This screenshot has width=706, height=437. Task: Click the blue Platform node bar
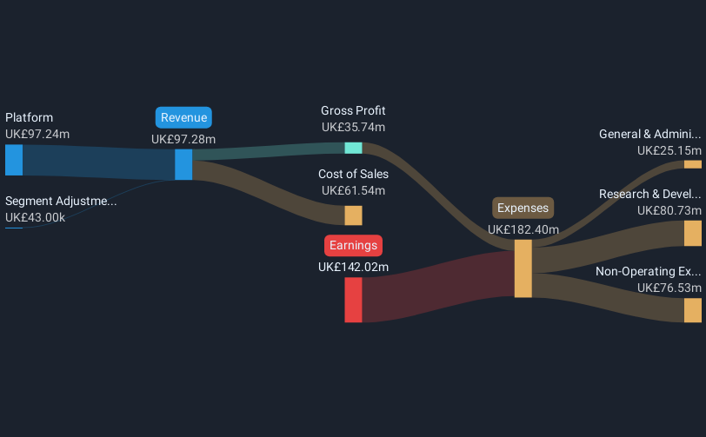(14, 160)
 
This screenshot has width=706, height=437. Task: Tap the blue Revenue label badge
(183, 118)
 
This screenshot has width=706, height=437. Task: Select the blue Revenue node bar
(183, 164)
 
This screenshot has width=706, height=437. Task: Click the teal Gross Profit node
(353, 148)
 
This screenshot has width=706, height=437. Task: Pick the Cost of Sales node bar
(353, 215)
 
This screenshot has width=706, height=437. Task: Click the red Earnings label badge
(353, 245)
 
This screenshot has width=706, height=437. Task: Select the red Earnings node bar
(353, 300)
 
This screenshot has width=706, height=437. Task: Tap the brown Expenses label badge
(523, 209)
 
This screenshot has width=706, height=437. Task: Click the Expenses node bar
(523, 268)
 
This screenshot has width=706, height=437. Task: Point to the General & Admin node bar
(692, 164)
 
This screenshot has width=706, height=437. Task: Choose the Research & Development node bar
(692, 233)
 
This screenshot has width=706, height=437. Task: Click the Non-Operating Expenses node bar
(692, 310)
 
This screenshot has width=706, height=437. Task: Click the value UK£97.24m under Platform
(37, 135)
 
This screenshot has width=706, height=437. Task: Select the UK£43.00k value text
(35, 217)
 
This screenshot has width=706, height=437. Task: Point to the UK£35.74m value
(353, 127)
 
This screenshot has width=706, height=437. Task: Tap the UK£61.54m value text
(353, 190)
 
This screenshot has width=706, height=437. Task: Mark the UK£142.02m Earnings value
(353, 267)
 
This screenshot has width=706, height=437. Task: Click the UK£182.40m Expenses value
(523, 229)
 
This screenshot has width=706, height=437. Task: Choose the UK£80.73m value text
(669, 210)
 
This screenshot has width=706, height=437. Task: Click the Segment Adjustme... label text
(61, 201)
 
